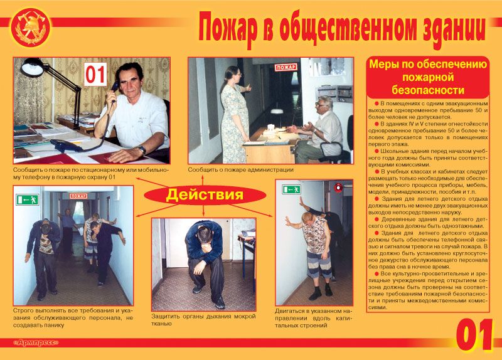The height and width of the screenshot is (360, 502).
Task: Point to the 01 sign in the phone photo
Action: [x=96, y=75]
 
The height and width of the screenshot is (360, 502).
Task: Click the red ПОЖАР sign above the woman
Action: [x=286, y=66]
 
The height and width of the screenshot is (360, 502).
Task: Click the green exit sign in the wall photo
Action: [x=291, y=189]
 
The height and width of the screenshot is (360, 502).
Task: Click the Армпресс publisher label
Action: [x=36, y=343]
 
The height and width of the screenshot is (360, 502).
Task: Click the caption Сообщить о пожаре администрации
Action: [x=240, y=170]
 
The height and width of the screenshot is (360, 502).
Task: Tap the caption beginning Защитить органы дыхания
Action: [x=203, y=320]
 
